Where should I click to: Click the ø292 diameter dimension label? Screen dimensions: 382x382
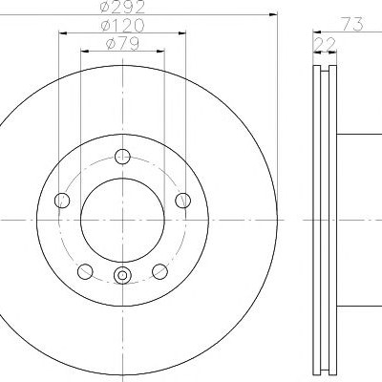122,7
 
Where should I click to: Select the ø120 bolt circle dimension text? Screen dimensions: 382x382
122,26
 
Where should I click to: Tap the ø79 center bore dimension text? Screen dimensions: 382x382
122,44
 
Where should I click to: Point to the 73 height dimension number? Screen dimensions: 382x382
351,25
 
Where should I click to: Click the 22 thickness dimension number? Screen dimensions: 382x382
325,44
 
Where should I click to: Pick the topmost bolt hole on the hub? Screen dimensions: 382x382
122,157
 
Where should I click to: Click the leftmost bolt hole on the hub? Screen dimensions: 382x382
62,201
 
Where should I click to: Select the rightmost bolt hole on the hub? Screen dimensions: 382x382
183,201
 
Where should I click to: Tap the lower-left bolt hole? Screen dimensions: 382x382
85,271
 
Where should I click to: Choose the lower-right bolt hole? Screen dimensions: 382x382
159,271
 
